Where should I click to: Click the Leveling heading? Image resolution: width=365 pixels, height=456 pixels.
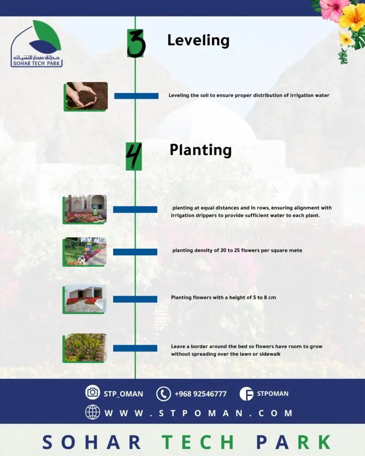tap(198, 41)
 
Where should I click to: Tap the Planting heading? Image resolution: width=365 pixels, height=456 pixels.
tap(201, 150)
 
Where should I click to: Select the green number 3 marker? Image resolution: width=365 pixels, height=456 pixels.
tap(136, 43)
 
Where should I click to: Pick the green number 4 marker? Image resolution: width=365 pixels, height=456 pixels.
tap(134, 156)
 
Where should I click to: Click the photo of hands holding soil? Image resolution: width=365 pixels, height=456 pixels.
tap(86, 97)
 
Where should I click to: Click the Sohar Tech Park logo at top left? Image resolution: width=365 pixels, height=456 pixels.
tap(37, 44)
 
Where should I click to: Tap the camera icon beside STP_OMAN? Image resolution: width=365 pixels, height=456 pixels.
tap(93, 392)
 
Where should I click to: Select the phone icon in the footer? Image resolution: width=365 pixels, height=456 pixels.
tap(164, 394)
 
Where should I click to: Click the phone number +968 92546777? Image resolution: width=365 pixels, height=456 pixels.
tap(201, 394)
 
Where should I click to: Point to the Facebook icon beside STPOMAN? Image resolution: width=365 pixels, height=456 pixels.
tap(246, 394)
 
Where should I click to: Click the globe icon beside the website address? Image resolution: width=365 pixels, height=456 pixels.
tap(93, 412)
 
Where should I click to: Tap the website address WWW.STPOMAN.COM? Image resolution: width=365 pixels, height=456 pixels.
tap(198, 413)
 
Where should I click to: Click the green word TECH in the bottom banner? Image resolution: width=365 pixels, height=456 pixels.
tap(198, 442)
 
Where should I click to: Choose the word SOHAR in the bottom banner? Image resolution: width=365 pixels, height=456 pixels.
tap(92, 442)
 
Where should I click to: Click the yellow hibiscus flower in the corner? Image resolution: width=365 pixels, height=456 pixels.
tap(353, 17)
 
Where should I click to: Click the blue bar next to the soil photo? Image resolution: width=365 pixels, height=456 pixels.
tap(136, 96)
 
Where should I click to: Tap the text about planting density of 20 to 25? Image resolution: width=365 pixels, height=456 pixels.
tap(237, 250)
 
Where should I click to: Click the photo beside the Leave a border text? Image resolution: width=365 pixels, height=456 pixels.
tap(85, 348)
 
